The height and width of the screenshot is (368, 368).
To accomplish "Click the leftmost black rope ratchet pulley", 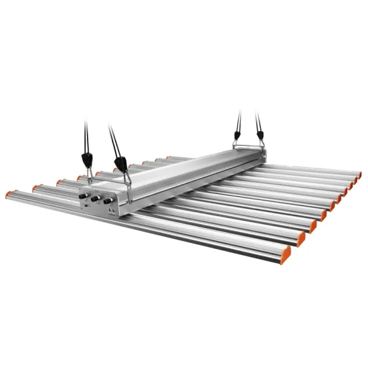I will [x=87, y=160].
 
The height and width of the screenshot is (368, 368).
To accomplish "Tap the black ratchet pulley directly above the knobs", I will [x=120, y=163].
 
